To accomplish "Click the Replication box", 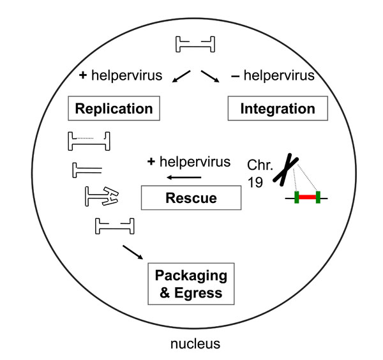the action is [114, 109].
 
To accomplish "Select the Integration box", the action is [278, 109].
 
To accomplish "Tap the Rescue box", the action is [191, 198].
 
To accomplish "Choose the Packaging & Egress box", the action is [191, 284].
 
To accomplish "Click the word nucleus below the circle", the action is [195, 343].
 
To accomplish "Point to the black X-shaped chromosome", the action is [285, 170].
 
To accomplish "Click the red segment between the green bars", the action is [307, 197].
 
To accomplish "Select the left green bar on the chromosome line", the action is [297, 197].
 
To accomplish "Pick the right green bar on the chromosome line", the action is [318, 197].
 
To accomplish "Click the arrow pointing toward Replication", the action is [181, 77].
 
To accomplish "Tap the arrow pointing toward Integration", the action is [210, 77].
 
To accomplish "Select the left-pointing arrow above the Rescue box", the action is [184, 177].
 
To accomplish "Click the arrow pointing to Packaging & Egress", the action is [133, 252].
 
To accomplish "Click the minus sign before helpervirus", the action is [235, 77].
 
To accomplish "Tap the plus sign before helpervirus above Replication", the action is [83, 75].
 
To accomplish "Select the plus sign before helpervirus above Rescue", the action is [151, 161].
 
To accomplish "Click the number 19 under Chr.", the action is [255, 182].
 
